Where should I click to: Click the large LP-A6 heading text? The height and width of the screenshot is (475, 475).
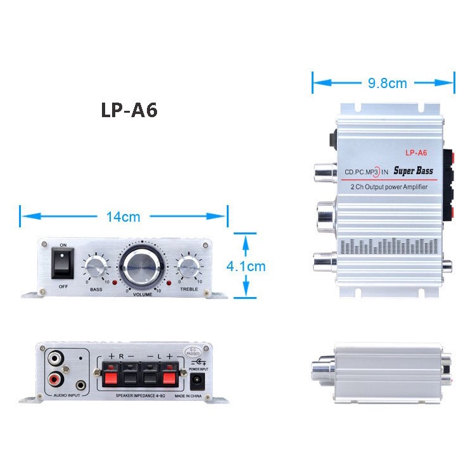129,110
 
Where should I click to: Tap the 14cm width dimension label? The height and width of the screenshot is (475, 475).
123,217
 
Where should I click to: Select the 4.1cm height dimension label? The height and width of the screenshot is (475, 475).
246,266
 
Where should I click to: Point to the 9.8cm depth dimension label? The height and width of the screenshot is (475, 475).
387,83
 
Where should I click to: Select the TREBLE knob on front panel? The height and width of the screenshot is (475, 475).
188,269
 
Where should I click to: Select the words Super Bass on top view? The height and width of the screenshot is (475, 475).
412,170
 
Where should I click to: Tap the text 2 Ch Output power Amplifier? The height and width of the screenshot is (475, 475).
388,187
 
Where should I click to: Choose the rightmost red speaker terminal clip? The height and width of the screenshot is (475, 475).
169,378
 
